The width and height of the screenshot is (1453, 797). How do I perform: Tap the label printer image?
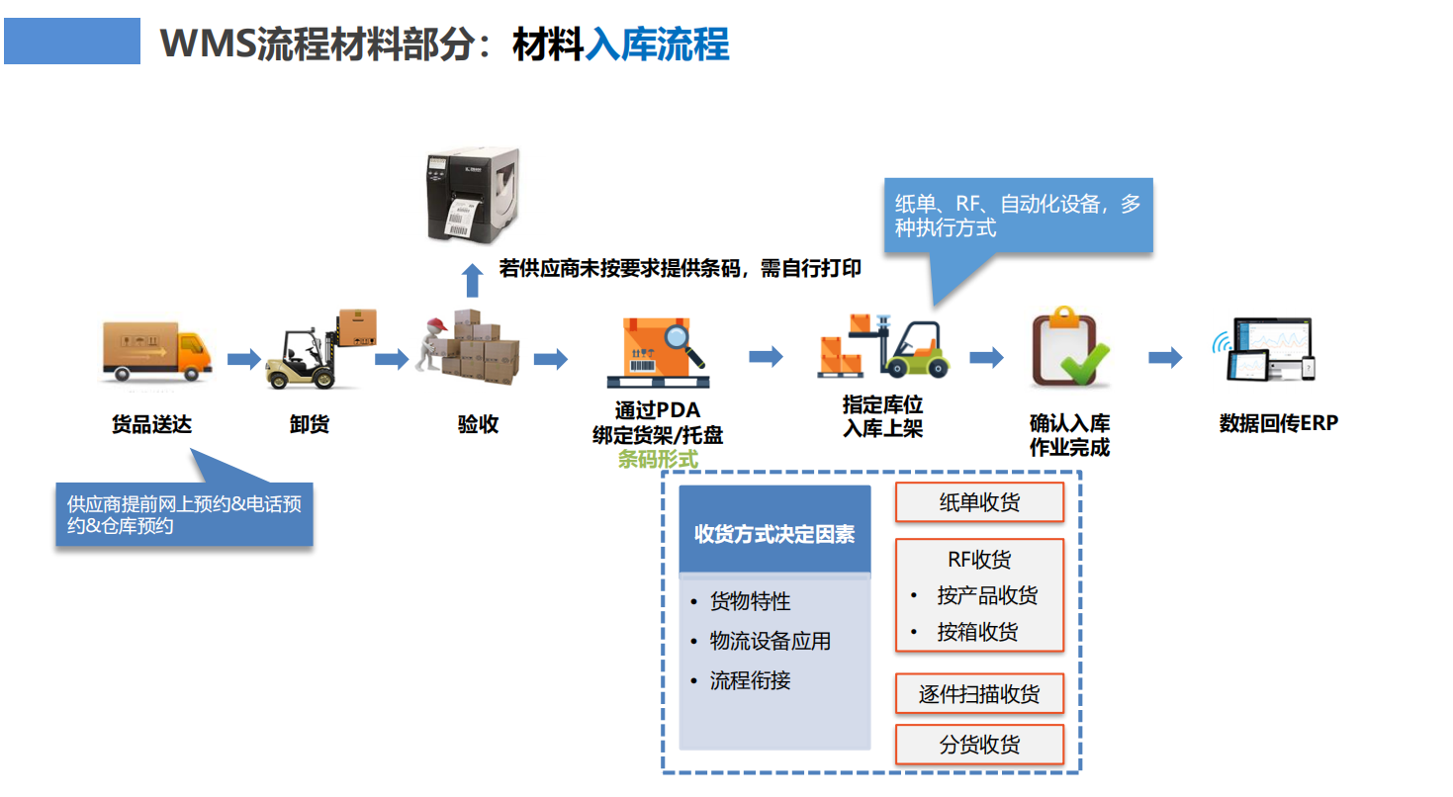(473, 195)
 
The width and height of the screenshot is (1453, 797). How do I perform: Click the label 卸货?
(310, 424)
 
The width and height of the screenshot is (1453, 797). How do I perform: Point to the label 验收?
(478, 424)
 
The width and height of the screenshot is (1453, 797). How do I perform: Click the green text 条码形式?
(657, 459)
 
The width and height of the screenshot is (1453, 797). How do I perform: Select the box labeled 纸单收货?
(979, 502)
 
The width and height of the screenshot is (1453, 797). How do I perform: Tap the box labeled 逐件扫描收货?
(979, 694)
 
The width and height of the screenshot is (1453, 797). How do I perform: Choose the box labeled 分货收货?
(979, 745)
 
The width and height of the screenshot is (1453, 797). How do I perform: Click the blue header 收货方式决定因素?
(774, 534)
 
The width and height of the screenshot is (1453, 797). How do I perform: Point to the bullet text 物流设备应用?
(770, 641)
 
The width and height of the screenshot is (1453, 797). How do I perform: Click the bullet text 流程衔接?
(750, 680)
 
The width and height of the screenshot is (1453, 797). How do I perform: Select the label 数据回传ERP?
(1278, 423)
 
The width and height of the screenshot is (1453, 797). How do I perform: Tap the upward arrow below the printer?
(473, 281)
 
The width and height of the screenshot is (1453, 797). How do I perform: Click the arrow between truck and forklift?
(243, 358)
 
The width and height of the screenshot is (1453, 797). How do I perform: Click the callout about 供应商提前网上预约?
(184, 514)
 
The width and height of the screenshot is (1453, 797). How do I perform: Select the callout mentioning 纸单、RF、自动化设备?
(1018, 216)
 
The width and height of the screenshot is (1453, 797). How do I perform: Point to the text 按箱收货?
(977, 632)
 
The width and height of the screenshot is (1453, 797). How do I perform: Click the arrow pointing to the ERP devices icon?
(1164, 358)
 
